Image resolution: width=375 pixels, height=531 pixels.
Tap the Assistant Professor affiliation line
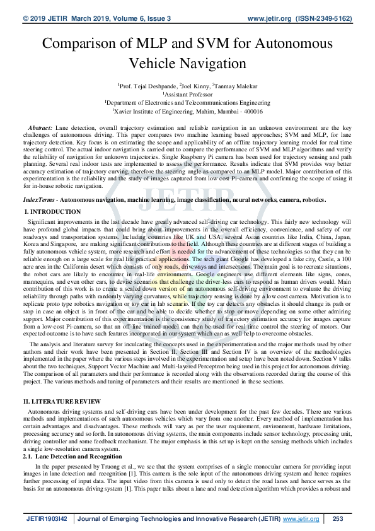[x=187, y=93]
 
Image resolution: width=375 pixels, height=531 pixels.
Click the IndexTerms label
[x=37, y=199]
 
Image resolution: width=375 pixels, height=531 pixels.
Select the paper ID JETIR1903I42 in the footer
[x=47, y=518]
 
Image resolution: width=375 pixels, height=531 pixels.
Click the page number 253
[x=337, y=518]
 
